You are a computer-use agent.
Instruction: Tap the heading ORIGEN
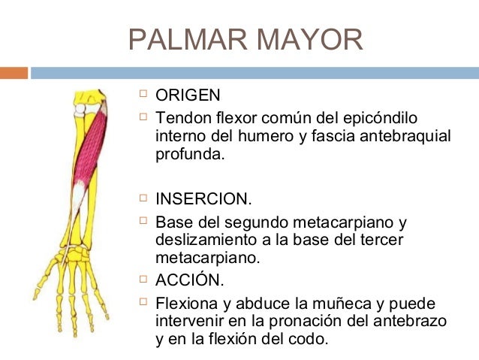pyautogui.click(x=188, y=95)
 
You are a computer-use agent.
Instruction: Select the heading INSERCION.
pyautogui.click(x=203, y=201)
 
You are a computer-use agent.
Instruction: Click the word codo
pyautogui.click(x=310, y=338)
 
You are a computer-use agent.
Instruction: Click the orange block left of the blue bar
pyautogui.click(x=14, y=73)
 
